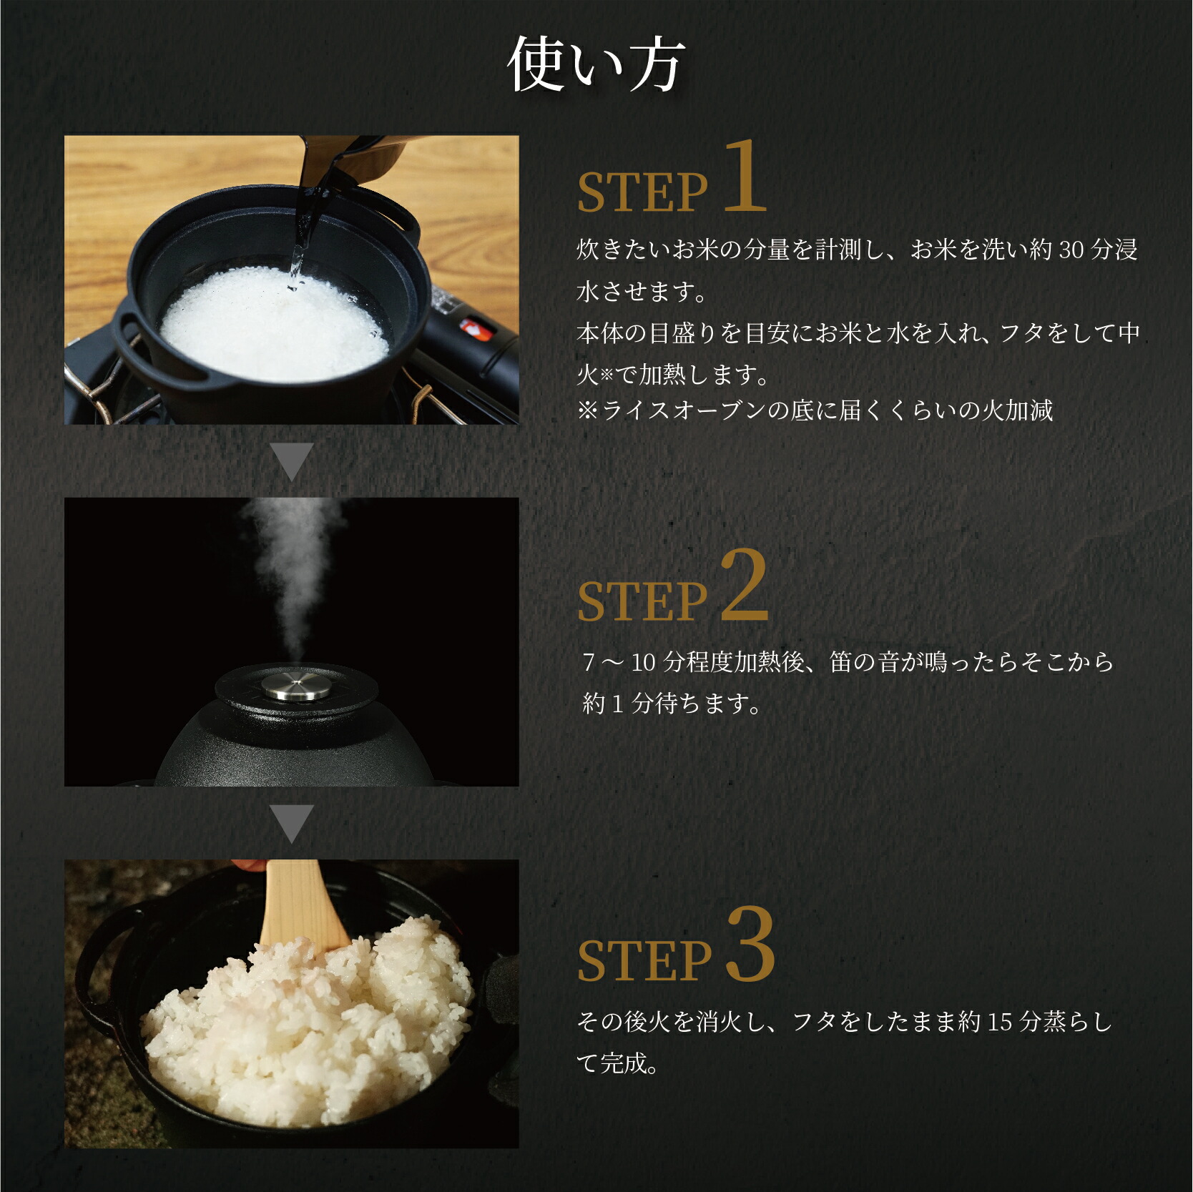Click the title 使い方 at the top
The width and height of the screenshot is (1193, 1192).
596,65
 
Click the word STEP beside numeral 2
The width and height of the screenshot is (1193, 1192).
642,601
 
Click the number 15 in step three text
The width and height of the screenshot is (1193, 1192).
1000,1022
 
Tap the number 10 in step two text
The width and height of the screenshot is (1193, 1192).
643,662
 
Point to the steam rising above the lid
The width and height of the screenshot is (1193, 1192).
293,572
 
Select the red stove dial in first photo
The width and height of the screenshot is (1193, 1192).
473,328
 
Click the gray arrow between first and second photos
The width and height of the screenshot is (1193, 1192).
293,462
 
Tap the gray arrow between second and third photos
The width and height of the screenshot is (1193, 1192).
293,823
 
